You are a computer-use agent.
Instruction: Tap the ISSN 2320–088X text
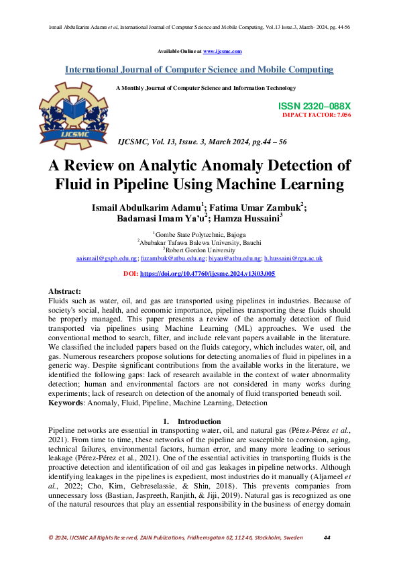[x=314, y=107]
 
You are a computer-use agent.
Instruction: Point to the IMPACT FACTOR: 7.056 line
[x=317, y=115]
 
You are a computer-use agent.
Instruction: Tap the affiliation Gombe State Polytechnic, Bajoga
[x=201, y=234]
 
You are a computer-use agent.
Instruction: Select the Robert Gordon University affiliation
[x=201, y=249]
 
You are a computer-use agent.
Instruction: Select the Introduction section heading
[x=199, y=420]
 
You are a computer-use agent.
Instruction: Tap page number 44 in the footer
[x=327, y=537]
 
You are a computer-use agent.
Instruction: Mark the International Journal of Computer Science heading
[x=199, y=69]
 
